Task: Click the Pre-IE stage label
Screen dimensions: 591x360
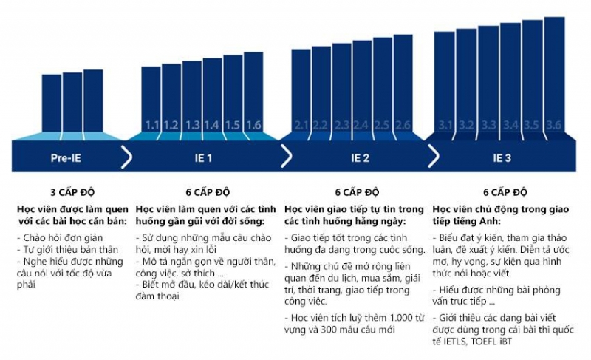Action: coord(66,157)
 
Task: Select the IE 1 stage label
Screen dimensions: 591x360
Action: coord(204,157)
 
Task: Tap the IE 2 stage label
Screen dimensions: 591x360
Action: coord(360,157)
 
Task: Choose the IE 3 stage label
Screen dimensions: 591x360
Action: coord(502,157)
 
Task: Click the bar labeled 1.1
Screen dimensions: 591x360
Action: coord(151,99)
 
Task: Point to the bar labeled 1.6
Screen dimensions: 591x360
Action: coord(253,92)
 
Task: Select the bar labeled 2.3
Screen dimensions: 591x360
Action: coord(342,87)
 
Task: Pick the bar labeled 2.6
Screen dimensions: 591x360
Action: coord(403,84)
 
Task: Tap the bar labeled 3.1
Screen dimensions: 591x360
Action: coord(445,82)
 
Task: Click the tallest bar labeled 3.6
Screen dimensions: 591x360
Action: coord(555,74)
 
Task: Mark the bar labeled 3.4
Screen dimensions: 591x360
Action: coord(510,78)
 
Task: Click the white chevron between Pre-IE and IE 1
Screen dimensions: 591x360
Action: coord(126,157)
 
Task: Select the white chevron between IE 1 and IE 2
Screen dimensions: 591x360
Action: coord(287,157)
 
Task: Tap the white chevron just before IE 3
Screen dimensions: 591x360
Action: coord(434,157)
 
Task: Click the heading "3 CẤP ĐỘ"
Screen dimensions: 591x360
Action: coord(72,192)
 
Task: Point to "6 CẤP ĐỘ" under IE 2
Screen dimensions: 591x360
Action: coord(357,192)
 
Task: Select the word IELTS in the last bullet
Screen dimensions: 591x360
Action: coord(454,342)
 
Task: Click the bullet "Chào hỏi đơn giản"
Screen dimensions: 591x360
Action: coord(60,237)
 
